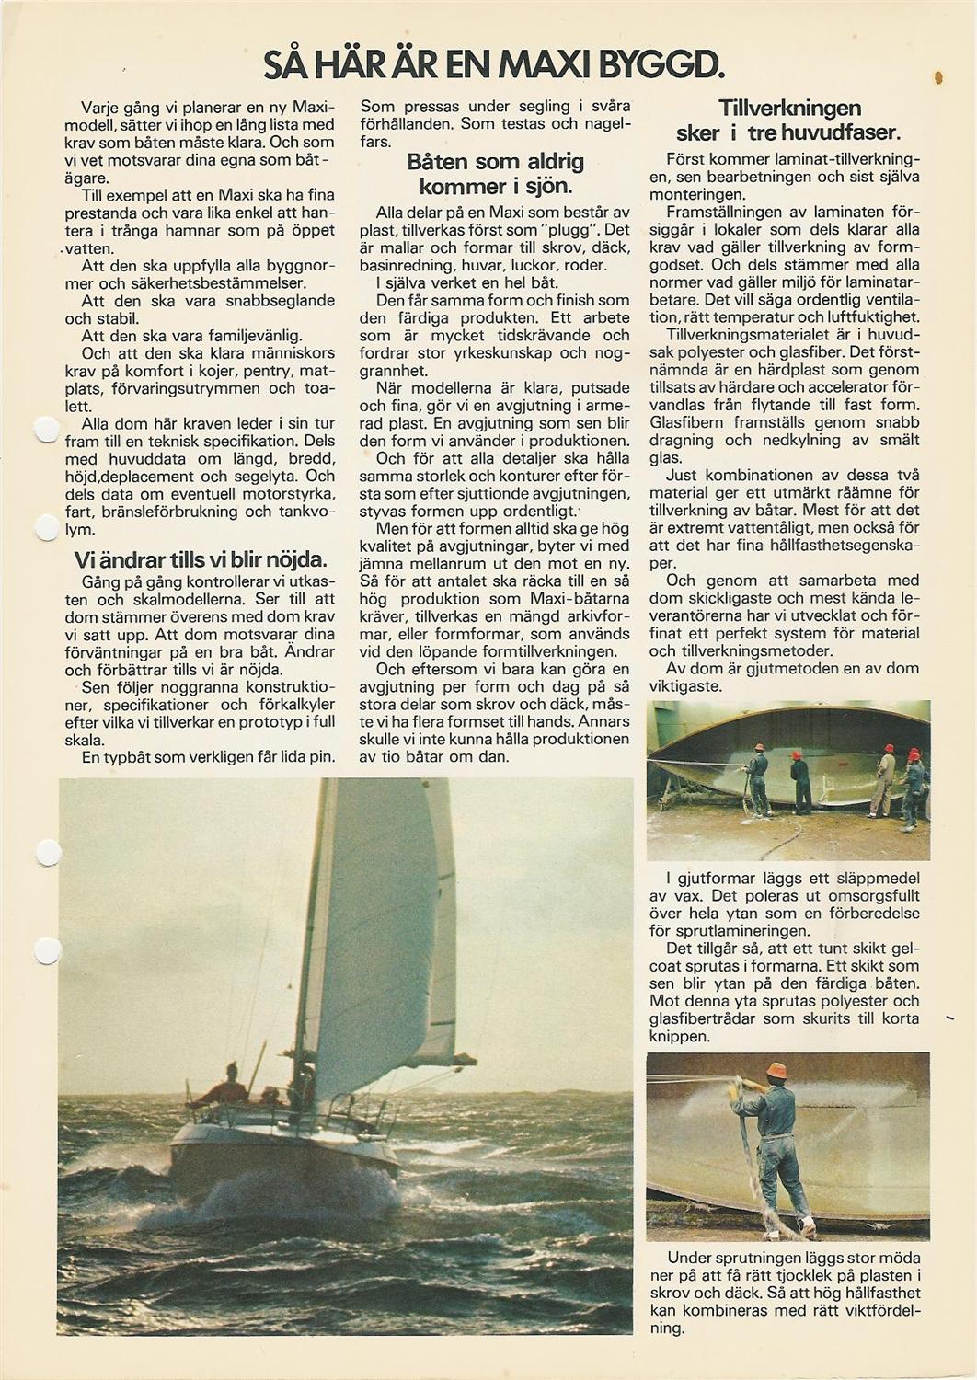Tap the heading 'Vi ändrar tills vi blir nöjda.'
point(200,559)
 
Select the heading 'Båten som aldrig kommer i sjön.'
point(495,174)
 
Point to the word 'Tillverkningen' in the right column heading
point(789,108)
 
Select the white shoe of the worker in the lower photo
point(808,1226)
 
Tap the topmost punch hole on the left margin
point(44,431)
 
